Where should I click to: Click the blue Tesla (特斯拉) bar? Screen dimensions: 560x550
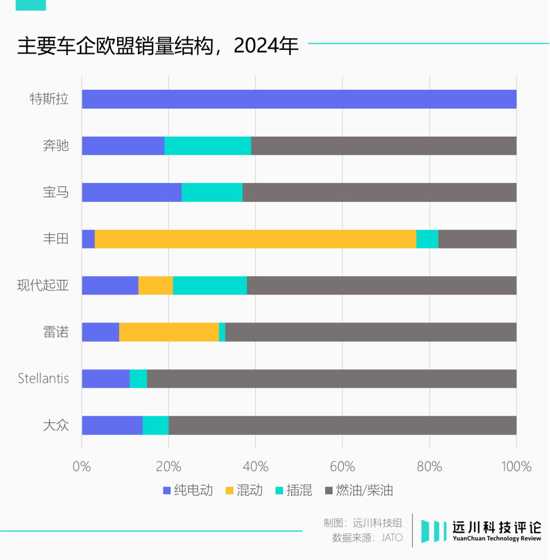tap(299, 99)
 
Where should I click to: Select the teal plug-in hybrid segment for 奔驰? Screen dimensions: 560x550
tap(207, 146)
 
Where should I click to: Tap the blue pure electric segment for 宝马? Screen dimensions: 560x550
tap(131, 192)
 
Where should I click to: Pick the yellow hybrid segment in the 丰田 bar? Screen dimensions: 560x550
tap(255, 239)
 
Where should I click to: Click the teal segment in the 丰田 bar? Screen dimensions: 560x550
tap(427, 239)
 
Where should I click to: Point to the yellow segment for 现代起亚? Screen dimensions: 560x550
tap(155, 285)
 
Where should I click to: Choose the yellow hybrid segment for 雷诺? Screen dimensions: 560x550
tap(169, 332)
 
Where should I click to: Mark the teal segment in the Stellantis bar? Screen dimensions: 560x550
tap(138, 379)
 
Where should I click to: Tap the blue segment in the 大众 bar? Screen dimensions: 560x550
tap(112, 425)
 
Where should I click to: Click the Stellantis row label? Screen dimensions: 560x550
tap(43, 379)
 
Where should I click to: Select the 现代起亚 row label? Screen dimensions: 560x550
tap(43, 285)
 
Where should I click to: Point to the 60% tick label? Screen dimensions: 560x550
tap(342, 466)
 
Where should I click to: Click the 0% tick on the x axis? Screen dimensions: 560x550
tap(81, 466)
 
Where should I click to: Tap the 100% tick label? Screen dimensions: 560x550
tap(516, 466)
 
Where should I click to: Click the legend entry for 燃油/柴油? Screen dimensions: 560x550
tap(359, 491)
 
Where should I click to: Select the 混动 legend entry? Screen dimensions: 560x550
tap(244, 491)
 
